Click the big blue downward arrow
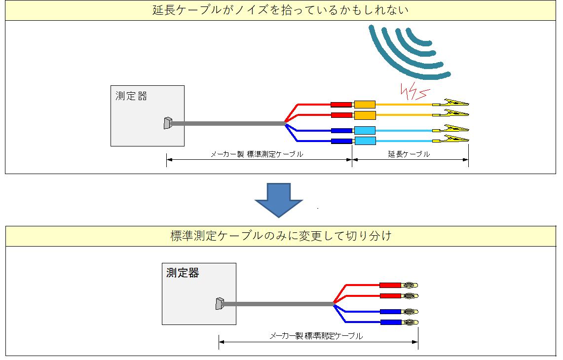point(279,200)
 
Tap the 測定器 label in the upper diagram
point(131,96)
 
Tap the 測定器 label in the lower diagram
point(183,273)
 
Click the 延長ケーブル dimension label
point(409,154)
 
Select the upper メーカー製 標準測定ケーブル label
point(257,154)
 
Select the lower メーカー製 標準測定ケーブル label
point(316,336)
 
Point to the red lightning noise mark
point(414,91)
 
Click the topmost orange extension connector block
point(365,105)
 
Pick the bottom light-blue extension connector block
point(365,141)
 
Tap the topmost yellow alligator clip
point(450,103)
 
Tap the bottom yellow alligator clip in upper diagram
point(450,139)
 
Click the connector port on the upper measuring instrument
point(168,123)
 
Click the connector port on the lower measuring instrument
point(220,304)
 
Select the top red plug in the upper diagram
point(341,105)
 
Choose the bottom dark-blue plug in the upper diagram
point(341,141)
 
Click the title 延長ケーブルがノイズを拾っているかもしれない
point(280,10)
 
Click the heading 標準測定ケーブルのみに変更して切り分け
point(281,236)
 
